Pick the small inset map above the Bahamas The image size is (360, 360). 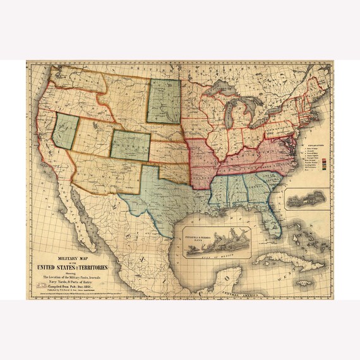307,200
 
